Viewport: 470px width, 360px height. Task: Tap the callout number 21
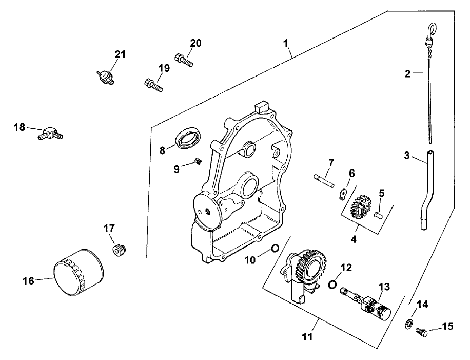(x=120, y=54)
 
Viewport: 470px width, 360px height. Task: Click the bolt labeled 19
(x=153, y=84)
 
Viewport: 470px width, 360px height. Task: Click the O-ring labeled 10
(x=275, y=248)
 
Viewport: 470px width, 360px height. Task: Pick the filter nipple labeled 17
(x=120, y=250)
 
